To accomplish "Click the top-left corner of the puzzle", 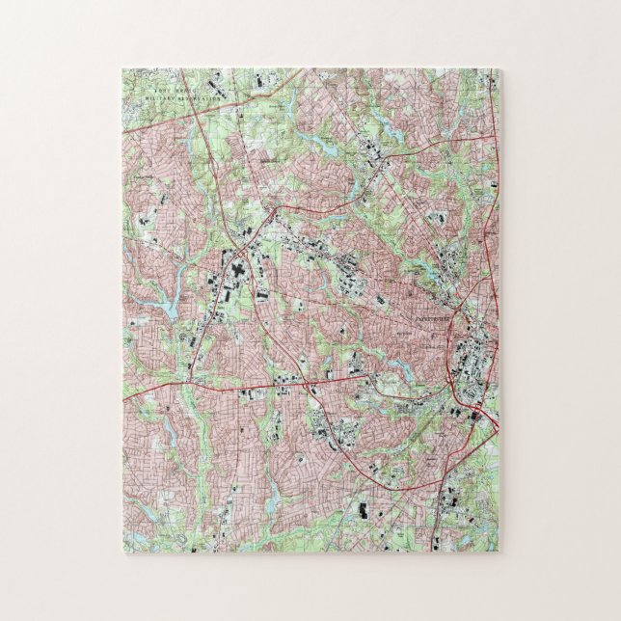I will coord(123,69).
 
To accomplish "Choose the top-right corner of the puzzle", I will coord(499,69).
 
